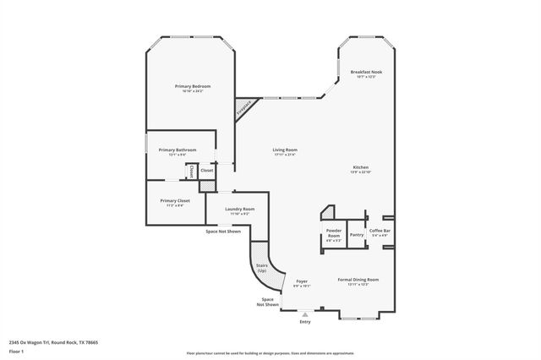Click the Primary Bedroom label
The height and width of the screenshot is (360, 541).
point(193,87)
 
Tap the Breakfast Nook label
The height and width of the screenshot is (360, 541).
point(367,74)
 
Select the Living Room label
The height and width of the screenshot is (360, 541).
point(285,150)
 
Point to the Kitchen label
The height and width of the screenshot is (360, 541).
point(360,168)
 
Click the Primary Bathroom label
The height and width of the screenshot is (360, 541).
point(178,150)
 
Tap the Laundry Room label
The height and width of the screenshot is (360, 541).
point(240,210)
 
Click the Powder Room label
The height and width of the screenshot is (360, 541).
point(334,232)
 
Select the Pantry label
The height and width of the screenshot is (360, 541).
point(357,234)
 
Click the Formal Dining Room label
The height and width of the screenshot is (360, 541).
point(358,280)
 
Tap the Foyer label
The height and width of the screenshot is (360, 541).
point(302,281)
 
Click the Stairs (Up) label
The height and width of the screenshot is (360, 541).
point(261,267)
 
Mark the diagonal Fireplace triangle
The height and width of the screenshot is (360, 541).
point(244,107)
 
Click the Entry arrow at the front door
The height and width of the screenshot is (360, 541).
point(305,314)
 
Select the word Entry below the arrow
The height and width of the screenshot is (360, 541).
point(305,322)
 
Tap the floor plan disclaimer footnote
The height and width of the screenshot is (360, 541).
point(270,353)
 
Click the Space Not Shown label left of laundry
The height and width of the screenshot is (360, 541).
point(223,231)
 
